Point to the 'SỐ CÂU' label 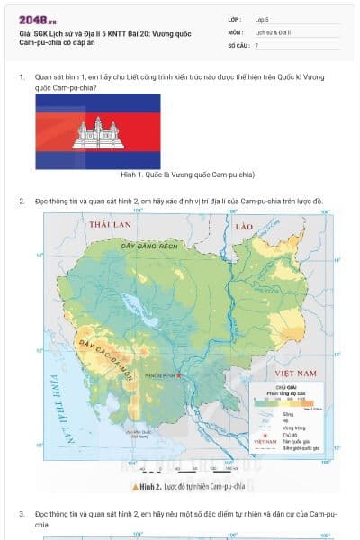click(238, 44)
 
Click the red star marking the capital click(179, 374)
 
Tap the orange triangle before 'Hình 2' click(134, 487)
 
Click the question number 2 click(22, 201)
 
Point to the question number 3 click(22, 513)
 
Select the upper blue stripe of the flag click(98, 101)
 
